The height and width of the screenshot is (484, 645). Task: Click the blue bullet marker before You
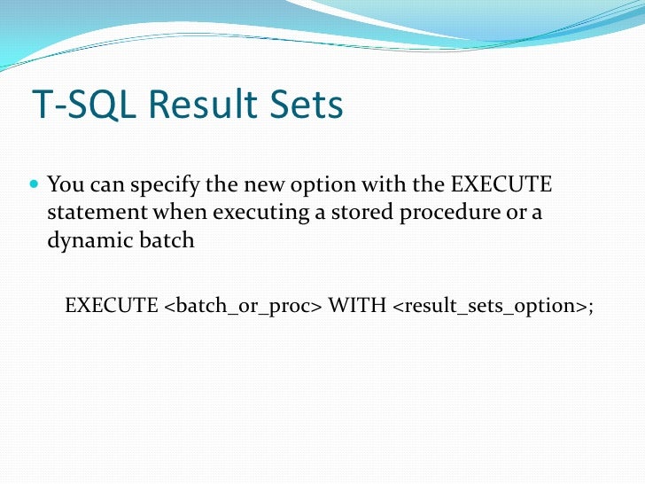[35, 187]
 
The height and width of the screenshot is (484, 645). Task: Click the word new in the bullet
[259, 186]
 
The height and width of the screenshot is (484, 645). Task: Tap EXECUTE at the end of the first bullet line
[501, 186]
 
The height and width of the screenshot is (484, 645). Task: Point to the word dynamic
[82, 241]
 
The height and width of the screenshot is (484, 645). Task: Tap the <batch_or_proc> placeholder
[242, 307]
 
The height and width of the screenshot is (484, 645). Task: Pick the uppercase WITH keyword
[356, 306]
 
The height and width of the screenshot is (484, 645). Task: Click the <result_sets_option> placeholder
[489, 307]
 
